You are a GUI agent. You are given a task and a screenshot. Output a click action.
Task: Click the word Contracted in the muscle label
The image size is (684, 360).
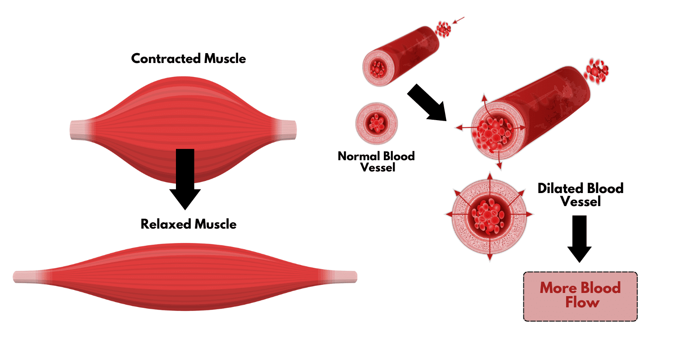click(166, 58)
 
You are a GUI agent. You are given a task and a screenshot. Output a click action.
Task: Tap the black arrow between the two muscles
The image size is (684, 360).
click(185, 178)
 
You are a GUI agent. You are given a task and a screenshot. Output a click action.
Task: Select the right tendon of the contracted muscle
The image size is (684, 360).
click(286, 129)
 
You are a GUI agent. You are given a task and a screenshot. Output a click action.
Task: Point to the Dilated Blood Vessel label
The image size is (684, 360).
click(580, 194)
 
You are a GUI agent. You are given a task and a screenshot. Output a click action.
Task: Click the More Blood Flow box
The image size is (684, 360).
click(580, 296)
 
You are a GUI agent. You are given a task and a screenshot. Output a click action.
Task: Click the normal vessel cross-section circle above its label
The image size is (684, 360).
click(376, 123)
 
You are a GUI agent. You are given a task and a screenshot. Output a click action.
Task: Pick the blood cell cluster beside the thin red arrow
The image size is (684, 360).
click(443, 30)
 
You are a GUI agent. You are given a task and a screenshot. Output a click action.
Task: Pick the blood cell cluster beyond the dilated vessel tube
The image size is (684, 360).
click(597, 71)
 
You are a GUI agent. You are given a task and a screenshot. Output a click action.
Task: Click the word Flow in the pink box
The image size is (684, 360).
click(582, 303)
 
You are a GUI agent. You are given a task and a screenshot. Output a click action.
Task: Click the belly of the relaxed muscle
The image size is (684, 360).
click(184, 276)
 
